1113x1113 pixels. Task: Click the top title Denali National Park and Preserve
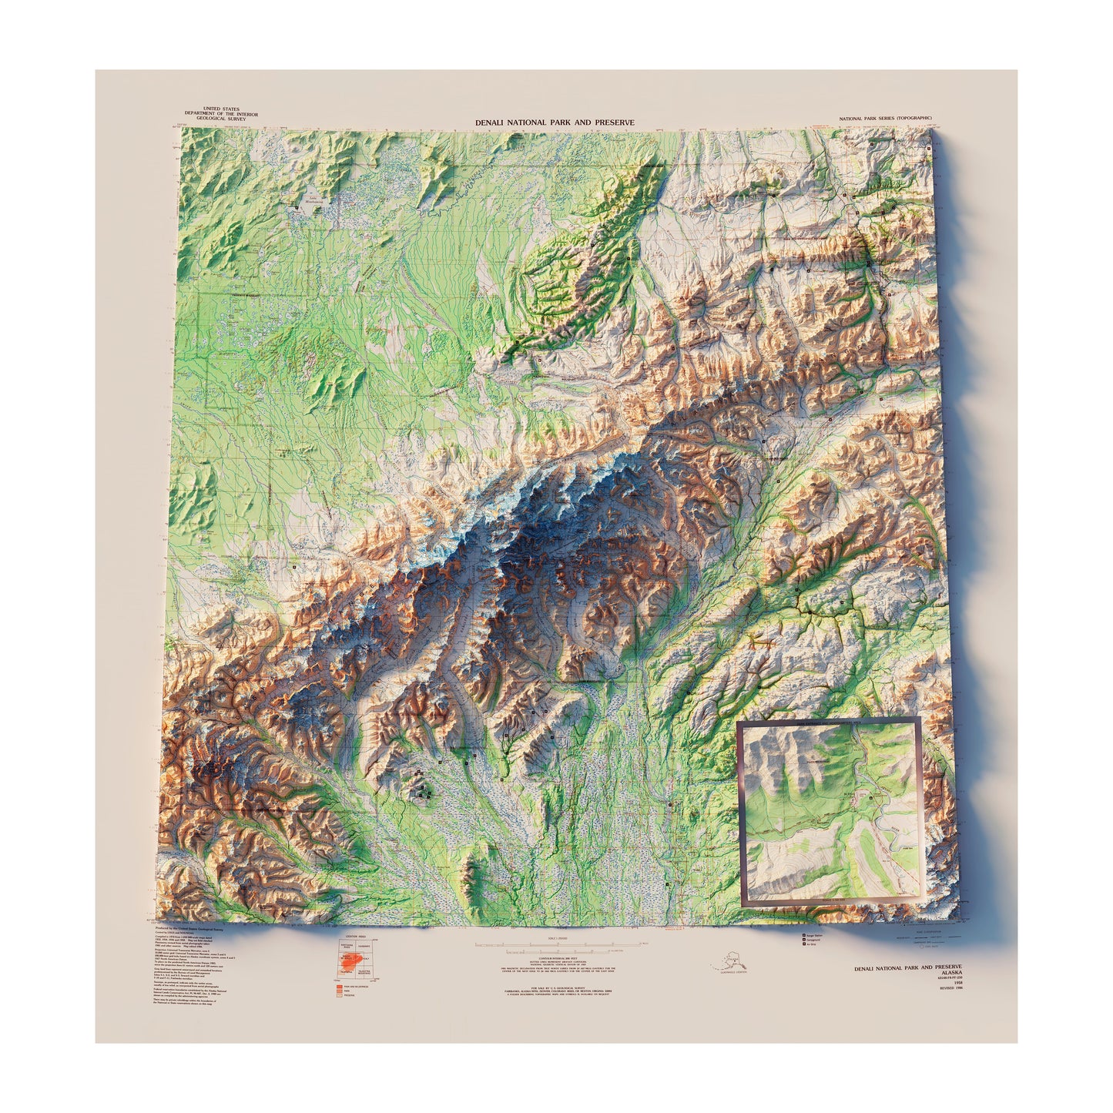point(555,122)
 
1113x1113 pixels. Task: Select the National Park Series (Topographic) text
point(890,119)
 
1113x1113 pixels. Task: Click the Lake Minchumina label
point(313,199)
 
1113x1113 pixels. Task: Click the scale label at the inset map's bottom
point(831,899)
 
